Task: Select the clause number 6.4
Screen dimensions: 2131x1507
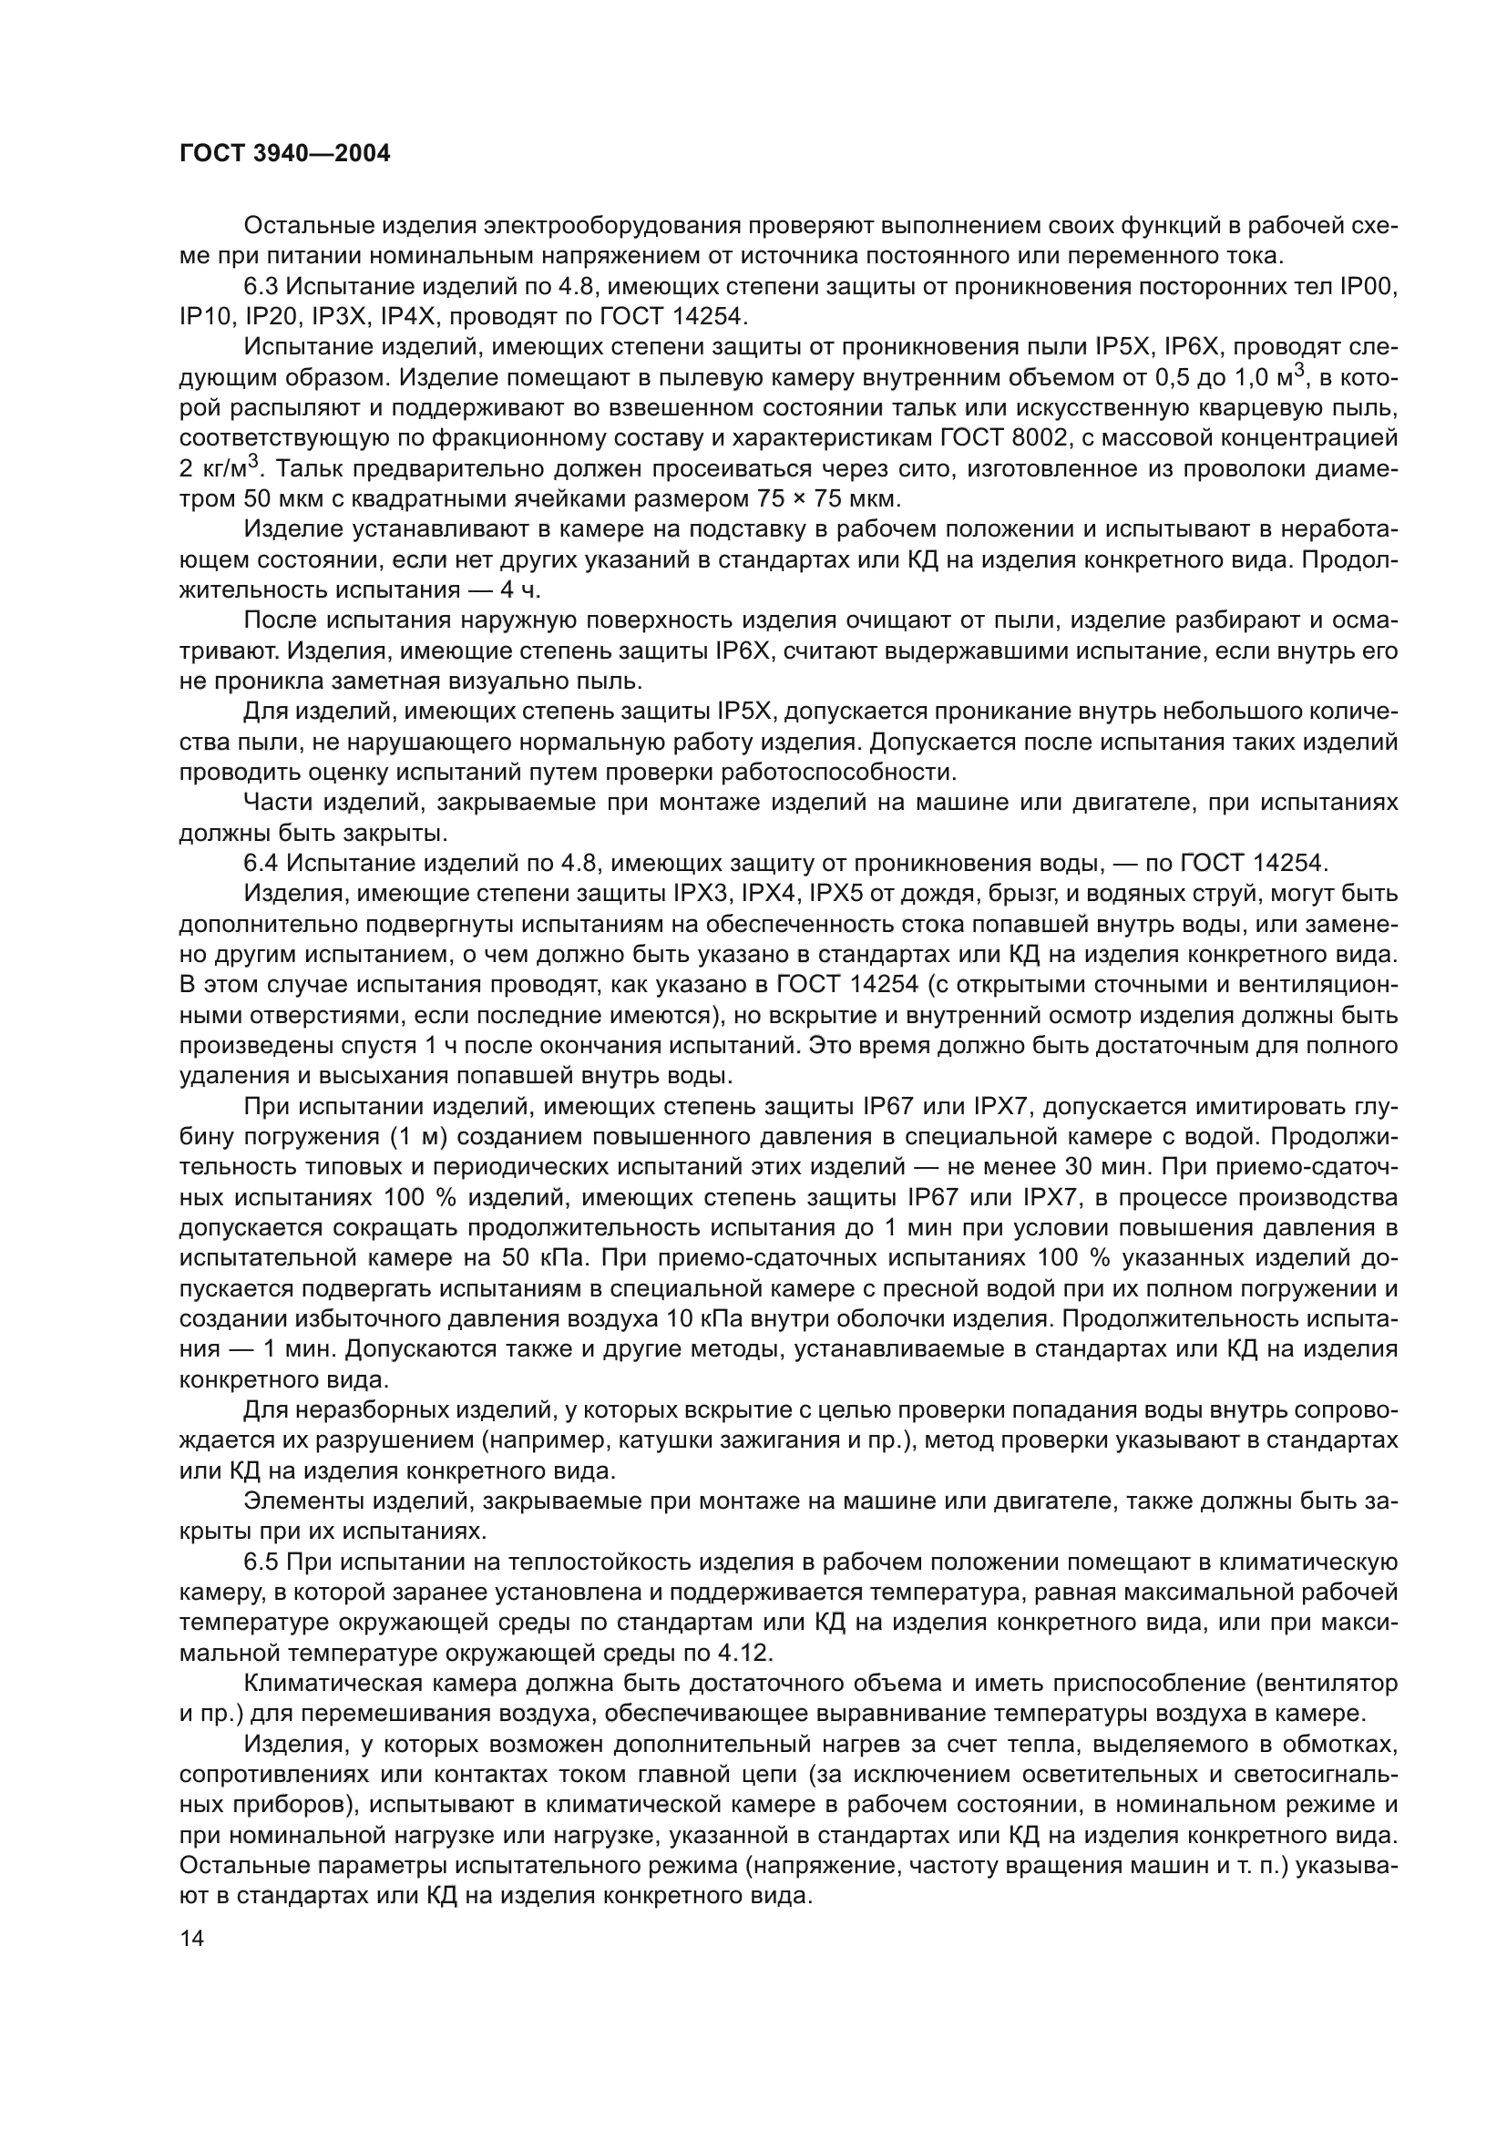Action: [x=261, y=863]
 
